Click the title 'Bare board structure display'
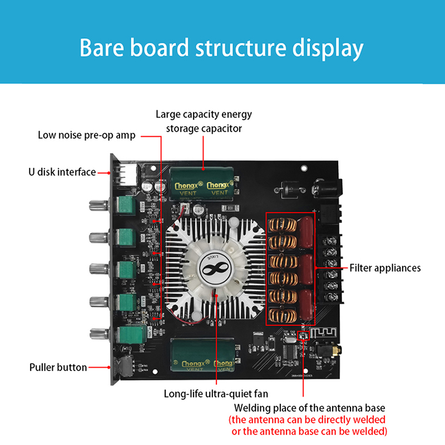222,48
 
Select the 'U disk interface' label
62,172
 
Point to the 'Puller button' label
58,367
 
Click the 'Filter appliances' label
385,268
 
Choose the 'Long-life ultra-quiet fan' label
215,394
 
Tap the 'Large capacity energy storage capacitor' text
204,121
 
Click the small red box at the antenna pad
303,335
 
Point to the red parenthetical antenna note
308,426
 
